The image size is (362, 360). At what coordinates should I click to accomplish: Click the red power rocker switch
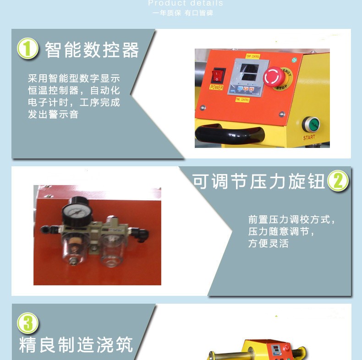[x=218, y=76]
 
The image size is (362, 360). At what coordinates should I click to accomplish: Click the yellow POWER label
[x=217, y=87]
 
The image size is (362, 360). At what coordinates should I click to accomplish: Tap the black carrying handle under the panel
[x=229, y=134]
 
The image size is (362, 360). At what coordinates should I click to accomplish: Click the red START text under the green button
[x=309, y=137]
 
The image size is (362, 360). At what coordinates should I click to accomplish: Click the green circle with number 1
[x=27, y=49]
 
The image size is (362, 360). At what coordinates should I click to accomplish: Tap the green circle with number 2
[x=338, y=181]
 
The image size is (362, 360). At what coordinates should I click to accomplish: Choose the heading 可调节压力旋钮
[x=258, y=182]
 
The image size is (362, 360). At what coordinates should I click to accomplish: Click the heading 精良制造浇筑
[x=76, y=344]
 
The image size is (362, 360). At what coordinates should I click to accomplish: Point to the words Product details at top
[x=186, y=4]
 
